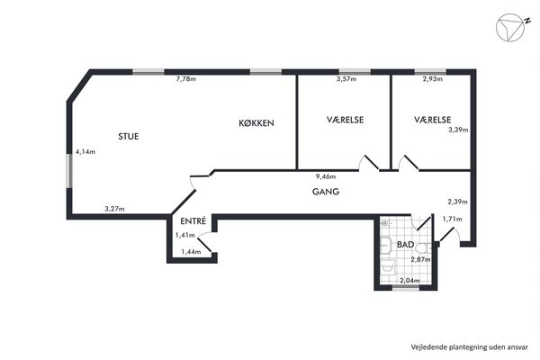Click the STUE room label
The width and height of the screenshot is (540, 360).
point(129,137)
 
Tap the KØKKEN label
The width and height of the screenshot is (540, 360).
point(256,123)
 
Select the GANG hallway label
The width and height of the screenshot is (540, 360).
point(326,192)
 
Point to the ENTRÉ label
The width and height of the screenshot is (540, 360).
point(193,220)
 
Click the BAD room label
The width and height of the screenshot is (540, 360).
point(405,245)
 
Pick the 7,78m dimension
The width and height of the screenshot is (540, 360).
point(186,79)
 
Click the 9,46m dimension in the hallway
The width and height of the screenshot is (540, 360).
point(326,176)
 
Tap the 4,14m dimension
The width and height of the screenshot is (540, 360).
point(85,151)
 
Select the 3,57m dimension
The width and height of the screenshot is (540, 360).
point(346,79)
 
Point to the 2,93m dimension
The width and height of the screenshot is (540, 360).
point(433,79)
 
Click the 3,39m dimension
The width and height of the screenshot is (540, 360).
point(458,130)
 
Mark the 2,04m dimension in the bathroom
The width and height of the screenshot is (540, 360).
point(409,281)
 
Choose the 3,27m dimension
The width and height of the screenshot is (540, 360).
point(114,209)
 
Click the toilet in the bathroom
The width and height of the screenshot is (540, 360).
point(423,248)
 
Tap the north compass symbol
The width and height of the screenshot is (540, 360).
point(511,28)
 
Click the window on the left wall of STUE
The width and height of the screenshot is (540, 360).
point(69,171)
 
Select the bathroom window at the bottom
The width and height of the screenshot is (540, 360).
point(406,289)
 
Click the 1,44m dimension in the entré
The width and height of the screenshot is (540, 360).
point(191,252)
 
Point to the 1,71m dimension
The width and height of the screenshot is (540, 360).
point(452,219)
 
